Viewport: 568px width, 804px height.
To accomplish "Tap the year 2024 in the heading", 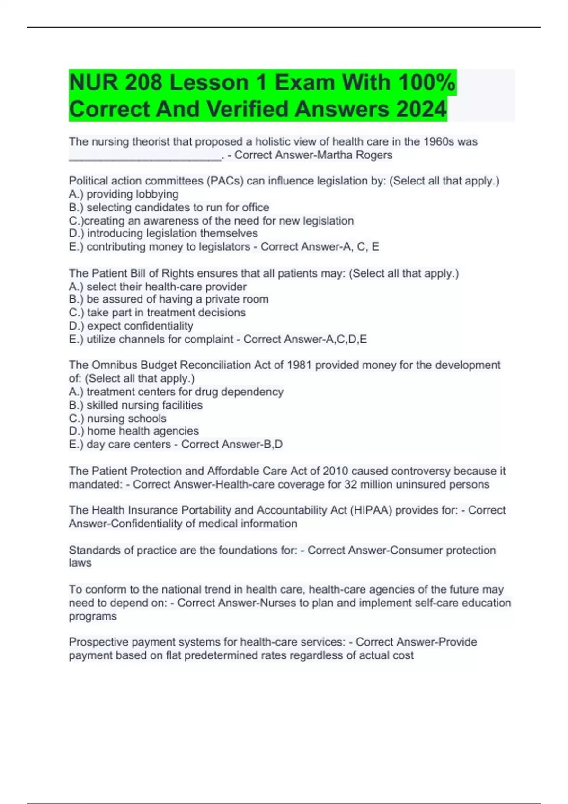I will pos(421,109).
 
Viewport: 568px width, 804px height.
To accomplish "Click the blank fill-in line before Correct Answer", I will pos(144,158).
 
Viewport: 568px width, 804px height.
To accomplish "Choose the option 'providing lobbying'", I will pos(132,194).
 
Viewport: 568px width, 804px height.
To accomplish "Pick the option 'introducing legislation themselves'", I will pos(172,233).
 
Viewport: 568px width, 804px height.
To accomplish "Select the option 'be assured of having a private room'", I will pos(177,299).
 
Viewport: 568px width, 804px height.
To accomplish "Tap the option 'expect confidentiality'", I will pos(140,326).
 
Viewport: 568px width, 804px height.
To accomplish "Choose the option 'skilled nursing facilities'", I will pos(144,405).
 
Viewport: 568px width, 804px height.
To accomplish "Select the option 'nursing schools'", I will pos(126,419).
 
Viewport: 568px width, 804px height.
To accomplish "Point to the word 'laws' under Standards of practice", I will pos(80,563).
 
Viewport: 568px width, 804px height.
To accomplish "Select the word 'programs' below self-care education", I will pos(93,616).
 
